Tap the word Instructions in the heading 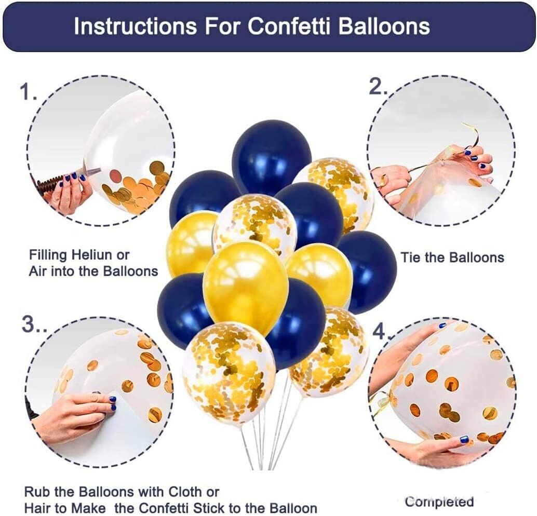[135, 26]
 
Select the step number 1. [29, 92]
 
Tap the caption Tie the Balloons [452, 257]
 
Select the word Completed [439, 502]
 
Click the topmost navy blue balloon [272, 156]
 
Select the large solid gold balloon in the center [246, 287]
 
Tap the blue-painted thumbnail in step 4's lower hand [464, 439]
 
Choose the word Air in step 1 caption [38, 271]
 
